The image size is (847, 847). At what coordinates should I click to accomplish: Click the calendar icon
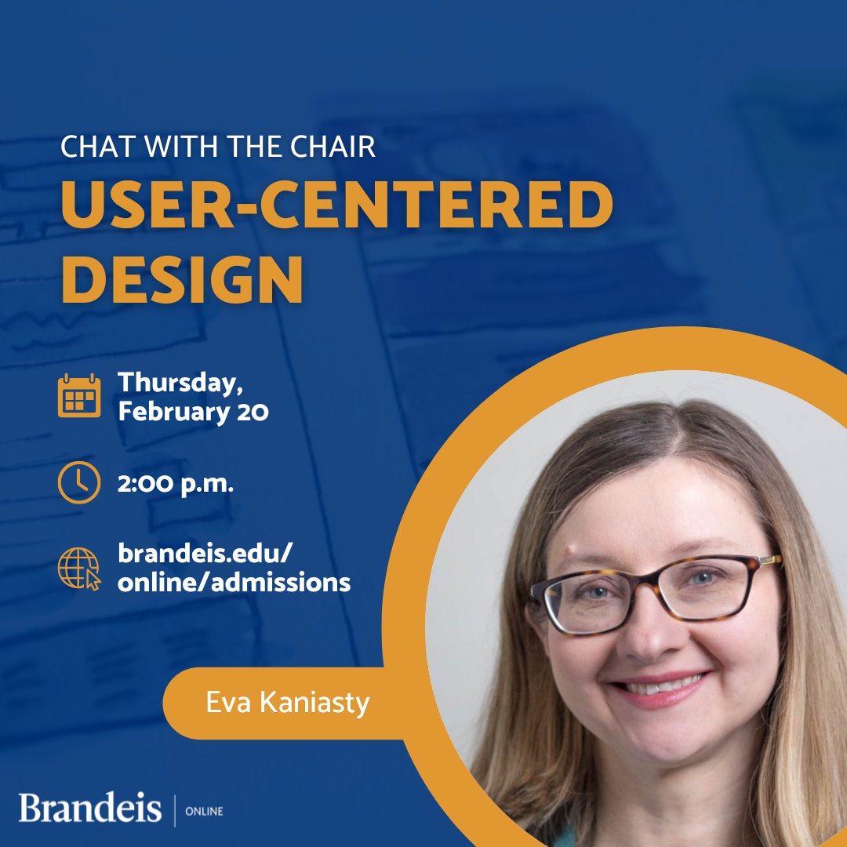pos(79,395)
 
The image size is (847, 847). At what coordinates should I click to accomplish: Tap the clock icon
pos(79,482)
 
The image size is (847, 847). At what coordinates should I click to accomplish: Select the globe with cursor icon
pos(79,569)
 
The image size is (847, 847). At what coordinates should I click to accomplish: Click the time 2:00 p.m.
pos(176,484)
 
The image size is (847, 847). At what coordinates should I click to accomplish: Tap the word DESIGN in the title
pos(182,278)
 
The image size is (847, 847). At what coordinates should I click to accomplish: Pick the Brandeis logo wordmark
pos(90,809)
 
